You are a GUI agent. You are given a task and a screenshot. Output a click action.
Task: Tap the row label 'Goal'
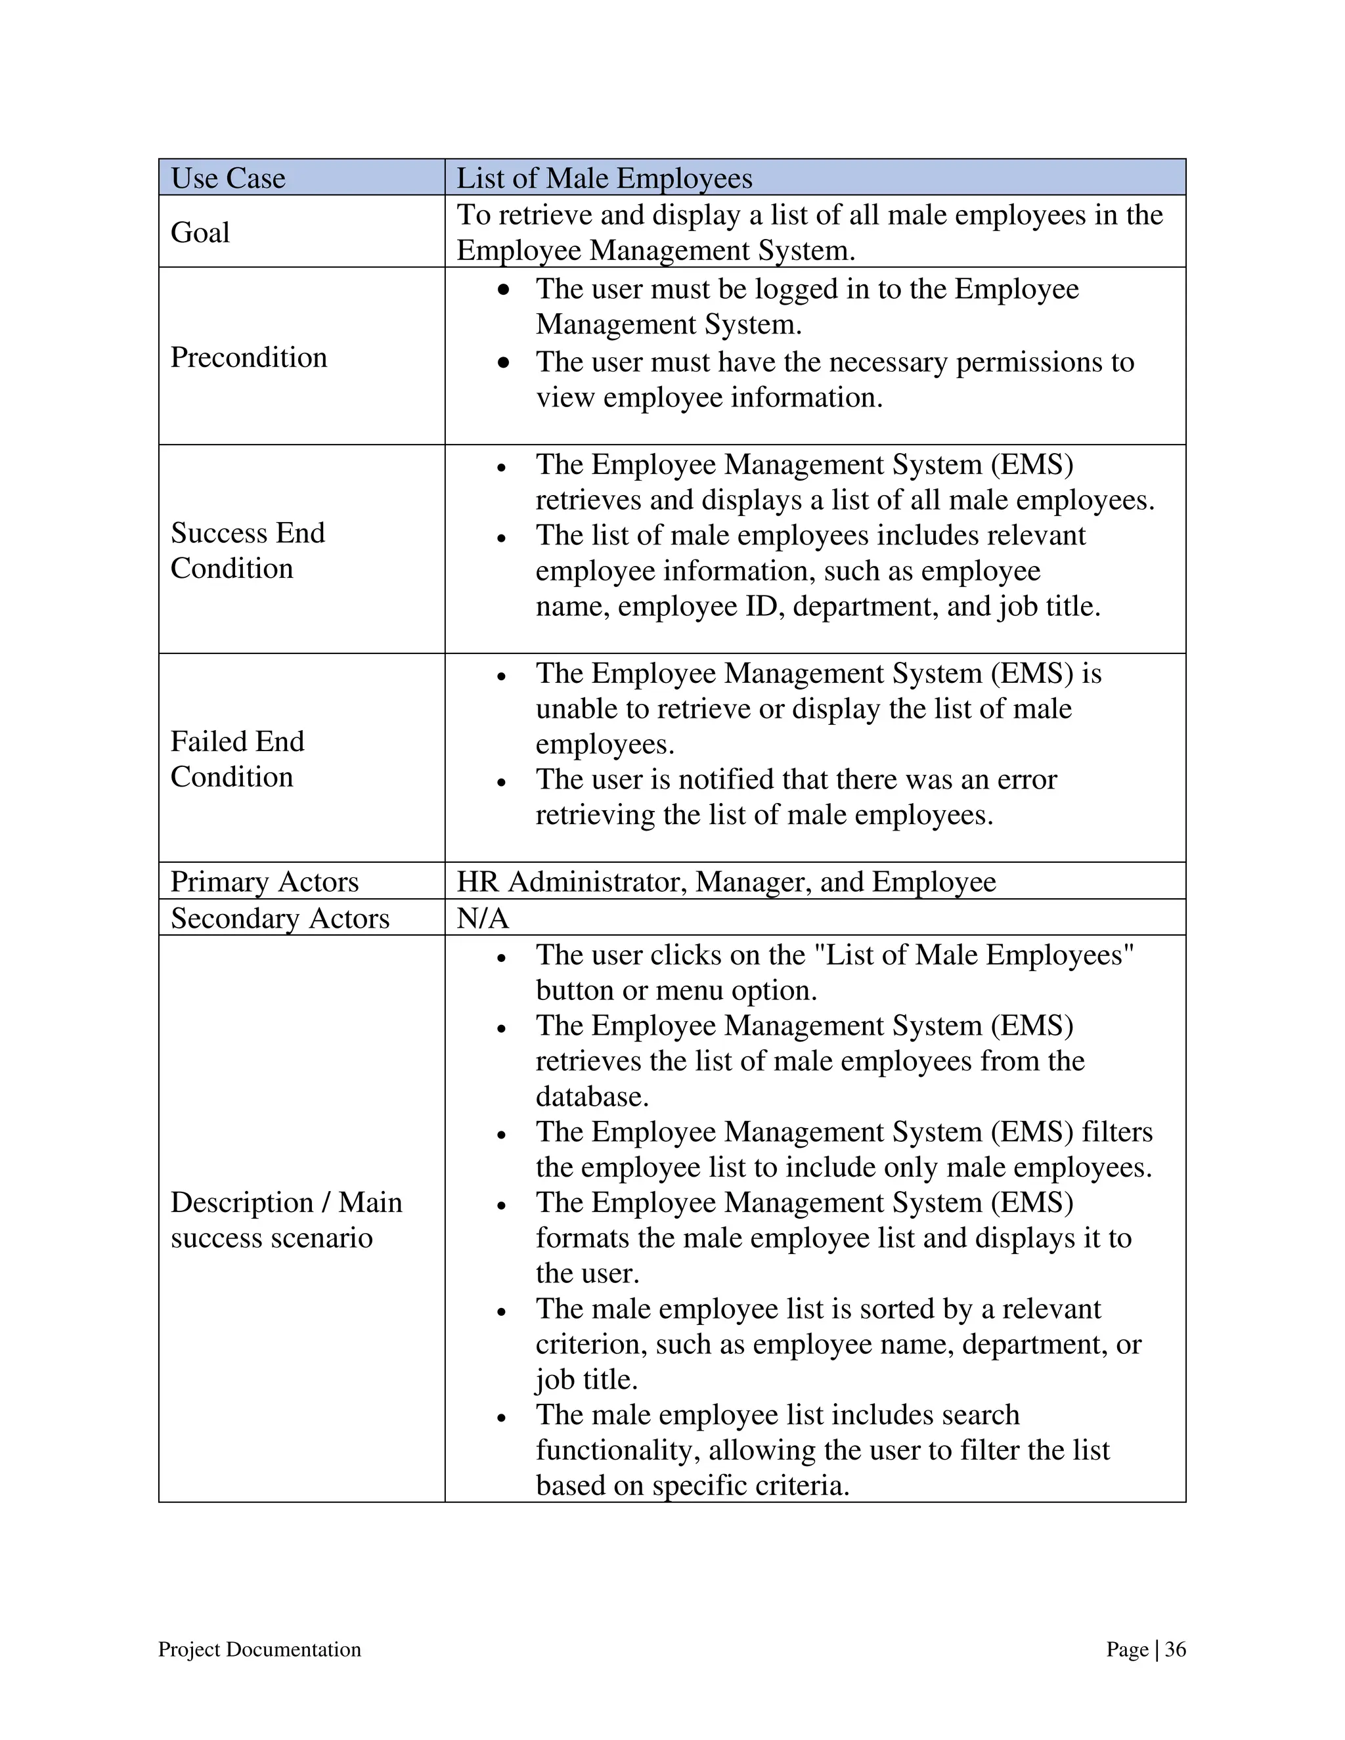pyautogui.click(x=200, y=232)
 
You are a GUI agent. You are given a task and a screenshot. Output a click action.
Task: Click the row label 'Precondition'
pyautogui.click(x=249, y=357)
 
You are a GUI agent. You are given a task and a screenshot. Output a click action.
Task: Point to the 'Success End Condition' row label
pyautogui.click(x=248, y=550)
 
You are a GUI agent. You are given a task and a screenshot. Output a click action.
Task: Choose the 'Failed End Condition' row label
pyautogui.click(x=238, y=758)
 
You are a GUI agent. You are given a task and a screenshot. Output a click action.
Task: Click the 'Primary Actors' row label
pyautogui.click(x=265, y=881)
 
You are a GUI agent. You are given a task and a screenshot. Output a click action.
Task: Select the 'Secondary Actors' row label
pyautogui.click(x=280, y=918)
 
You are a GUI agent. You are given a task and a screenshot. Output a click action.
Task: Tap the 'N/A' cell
pyautogui.click(x=482, y=918)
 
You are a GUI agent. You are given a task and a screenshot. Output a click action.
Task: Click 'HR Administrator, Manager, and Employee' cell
pyautogui.click(x=726, y=881)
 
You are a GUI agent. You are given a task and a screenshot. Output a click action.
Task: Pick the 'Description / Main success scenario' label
pyautogui.click(x=286, y=1219)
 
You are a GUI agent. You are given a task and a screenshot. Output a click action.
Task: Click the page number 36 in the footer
pyautogui.click(x=1176, y=1649)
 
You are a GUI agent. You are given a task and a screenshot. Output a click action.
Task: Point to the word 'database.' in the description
pyautogui.click(x=592, y=1097)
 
